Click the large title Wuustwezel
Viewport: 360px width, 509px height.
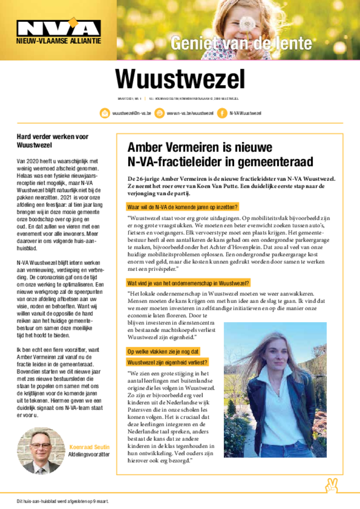180,79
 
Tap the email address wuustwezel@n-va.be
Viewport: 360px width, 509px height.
131,113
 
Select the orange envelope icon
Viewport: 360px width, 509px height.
105,113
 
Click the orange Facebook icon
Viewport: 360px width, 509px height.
222,113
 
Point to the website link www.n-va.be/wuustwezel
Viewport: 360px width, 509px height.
190,113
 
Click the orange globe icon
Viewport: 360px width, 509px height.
159,113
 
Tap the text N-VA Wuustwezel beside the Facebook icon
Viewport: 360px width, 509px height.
245,113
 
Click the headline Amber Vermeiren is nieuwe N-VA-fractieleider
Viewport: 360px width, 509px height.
220,154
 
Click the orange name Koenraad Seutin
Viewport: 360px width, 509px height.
90,447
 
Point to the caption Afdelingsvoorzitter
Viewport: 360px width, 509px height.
89,454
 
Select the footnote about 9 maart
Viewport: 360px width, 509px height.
62,501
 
